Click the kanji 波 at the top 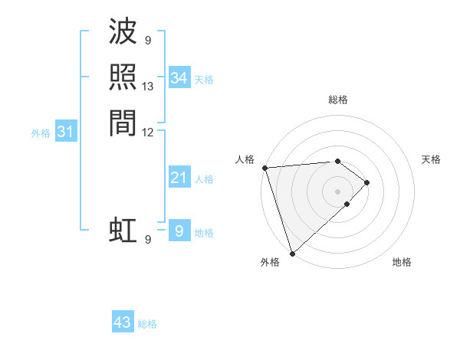pyautogui.click(x=123, y=32)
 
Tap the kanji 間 pyautogui.click(x=123, y=123)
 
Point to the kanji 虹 pyautogui.click(x=123, y=230)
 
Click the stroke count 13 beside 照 pyautogui.click(x=148, y=86)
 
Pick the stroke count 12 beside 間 pyautogui.click(x=148, y=132)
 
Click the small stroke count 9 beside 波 pyautogui.click(x=148, y=41)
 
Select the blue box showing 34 pyautogui.click(x=179, y=78)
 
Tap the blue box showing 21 pyautogui.click(x=179, y=178)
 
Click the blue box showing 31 pyautogui.click(x=65, y=132)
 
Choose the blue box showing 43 pyautogui.click(x=122, y=322)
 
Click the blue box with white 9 pyautogui.click(x=179, y=231)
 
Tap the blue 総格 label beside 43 pyautogui.click(x=147, y=324)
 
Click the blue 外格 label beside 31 pyautogui.click(x=41, y=133)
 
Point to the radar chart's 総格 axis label pyautogui.click(x=337, y=100)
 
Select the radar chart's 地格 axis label pyautogui.click(x=402, y=263)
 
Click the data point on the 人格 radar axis pyautogui.click(x=264, y=168)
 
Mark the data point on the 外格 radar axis pyautogui.click(x=292, y=253)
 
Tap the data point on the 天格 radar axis pyautogui.click(x=367, y=182)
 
